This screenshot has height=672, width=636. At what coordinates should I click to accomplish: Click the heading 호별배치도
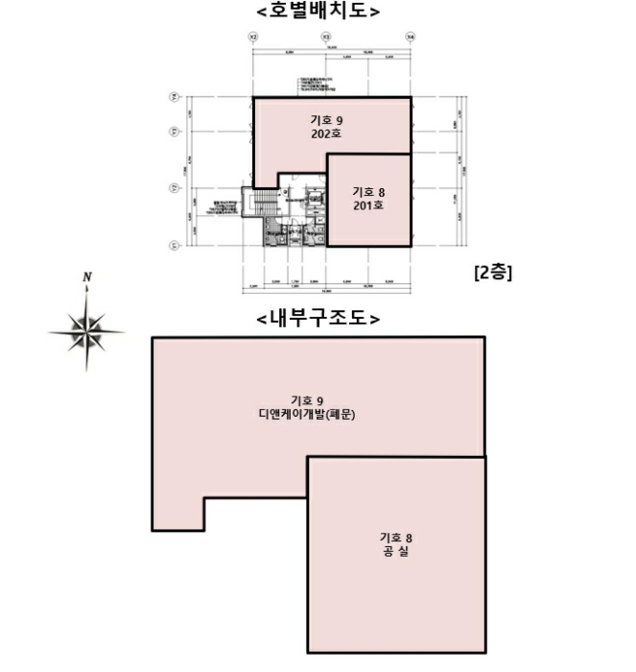click(x=318, y=12)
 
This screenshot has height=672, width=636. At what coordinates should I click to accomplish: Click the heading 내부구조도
click(x=318, y=318)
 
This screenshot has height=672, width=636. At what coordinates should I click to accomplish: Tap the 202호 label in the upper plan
click(x=326, y=134)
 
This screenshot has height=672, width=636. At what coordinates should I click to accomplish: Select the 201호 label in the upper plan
click(x=368, y=205)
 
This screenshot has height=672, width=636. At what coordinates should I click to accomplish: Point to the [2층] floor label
click(x=493, y=272)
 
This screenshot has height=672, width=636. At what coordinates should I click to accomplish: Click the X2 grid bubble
click(x=253, y=36)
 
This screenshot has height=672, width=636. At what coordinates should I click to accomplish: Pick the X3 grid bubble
click(x=327, y=36)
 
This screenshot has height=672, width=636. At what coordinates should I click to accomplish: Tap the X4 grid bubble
click(x=411, y=36)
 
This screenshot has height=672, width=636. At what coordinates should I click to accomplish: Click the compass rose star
click(x=86, y=331)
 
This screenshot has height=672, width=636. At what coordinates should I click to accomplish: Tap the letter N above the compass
click(x=86, y=278)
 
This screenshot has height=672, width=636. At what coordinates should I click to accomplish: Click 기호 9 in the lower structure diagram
click(x=307, y=399)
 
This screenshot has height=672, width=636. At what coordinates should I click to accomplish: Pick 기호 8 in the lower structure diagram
click(x=395, y=537)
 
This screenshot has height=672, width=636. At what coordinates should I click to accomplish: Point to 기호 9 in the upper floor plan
click(x=326, y=120)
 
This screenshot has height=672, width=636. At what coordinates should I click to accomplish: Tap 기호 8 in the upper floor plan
click(x=368, y=191)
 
